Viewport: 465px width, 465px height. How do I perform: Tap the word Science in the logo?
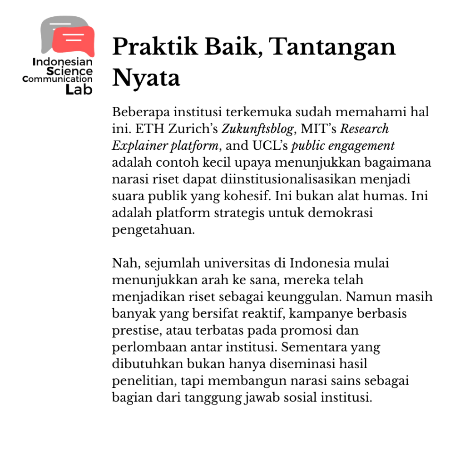pyautogui.click(x=69, y=71)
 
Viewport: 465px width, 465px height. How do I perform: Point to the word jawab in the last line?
pyautogui.click(x=268, y=398)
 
